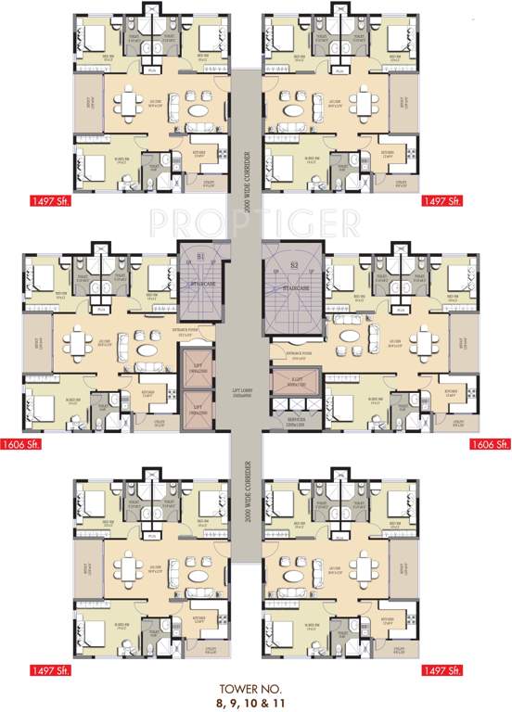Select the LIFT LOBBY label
243,395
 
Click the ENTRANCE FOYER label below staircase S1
186,330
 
